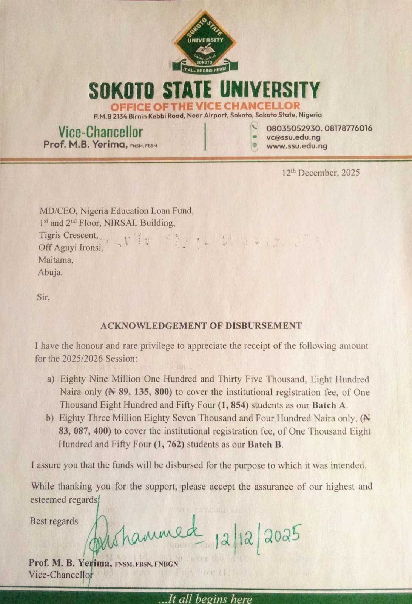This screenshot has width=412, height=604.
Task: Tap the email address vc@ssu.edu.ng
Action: point(293,137)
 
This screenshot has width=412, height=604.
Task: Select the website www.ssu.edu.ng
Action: point(297,146)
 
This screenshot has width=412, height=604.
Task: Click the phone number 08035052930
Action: point(293,128)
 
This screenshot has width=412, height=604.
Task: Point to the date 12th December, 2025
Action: point(321,173)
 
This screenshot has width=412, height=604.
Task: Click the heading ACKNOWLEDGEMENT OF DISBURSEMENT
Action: point(201,325)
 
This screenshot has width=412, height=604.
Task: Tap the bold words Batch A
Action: point(329,405)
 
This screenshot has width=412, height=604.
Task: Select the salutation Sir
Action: point(43,297)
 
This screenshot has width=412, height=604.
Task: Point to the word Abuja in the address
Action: point(50,272)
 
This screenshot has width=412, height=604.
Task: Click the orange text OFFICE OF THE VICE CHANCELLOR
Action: point(205,106)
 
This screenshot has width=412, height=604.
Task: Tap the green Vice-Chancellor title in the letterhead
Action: point(100,132)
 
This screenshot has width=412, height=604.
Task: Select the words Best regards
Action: point(54,521)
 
